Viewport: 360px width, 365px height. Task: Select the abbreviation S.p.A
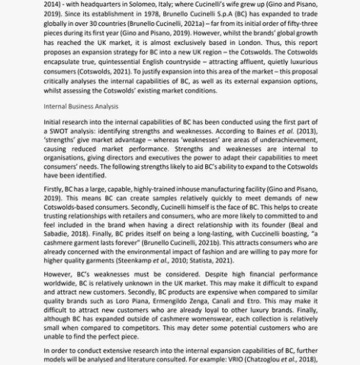click(x=236, y=15)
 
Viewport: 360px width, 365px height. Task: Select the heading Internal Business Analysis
click(x=81, y=106)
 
